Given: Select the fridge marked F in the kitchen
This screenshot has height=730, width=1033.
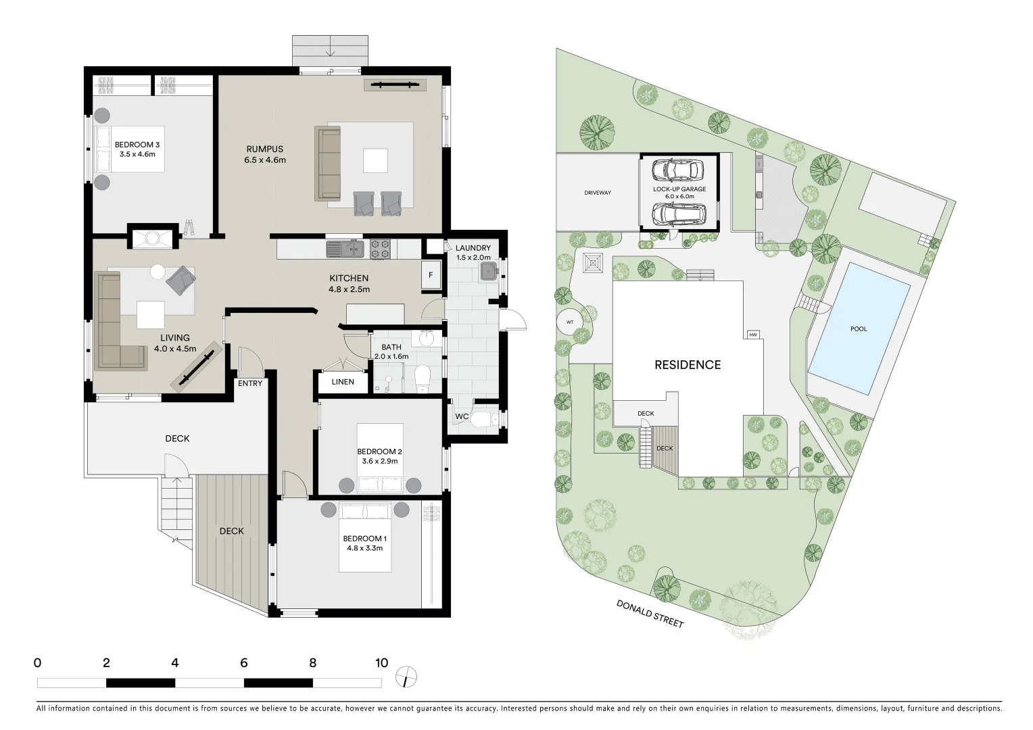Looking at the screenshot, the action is [431, 276].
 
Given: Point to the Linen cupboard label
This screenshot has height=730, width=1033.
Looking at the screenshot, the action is [343, 382].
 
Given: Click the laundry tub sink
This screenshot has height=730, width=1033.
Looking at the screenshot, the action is [488, 272].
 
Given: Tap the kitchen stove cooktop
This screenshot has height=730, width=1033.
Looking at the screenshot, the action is [380, 249].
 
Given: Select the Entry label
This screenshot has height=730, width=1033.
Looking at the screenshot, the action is [250, 383].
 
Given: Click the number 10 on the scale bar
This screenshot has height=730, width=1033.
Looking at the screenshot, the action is [382, 663].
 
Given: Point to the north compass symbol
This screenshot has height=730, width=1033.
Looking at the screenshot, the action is [407, 677].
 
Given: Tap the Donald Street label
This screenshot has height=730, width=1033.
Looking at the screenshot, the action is [650, 614].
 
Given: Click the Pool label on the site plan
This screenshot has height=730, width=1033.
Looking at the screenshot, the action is [859, 329].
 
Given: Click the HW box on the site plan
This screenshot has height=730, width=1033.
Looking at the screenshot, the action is [753, 335].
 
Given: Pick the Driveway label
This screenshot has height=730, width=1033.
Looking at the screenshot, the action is [598, 193].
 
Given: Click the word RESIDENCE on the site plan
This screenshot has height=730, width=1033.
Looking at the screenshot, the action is [688, 365].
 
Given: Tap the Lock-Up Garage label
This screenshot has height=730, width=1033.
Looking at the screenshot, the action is [679, 193].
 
